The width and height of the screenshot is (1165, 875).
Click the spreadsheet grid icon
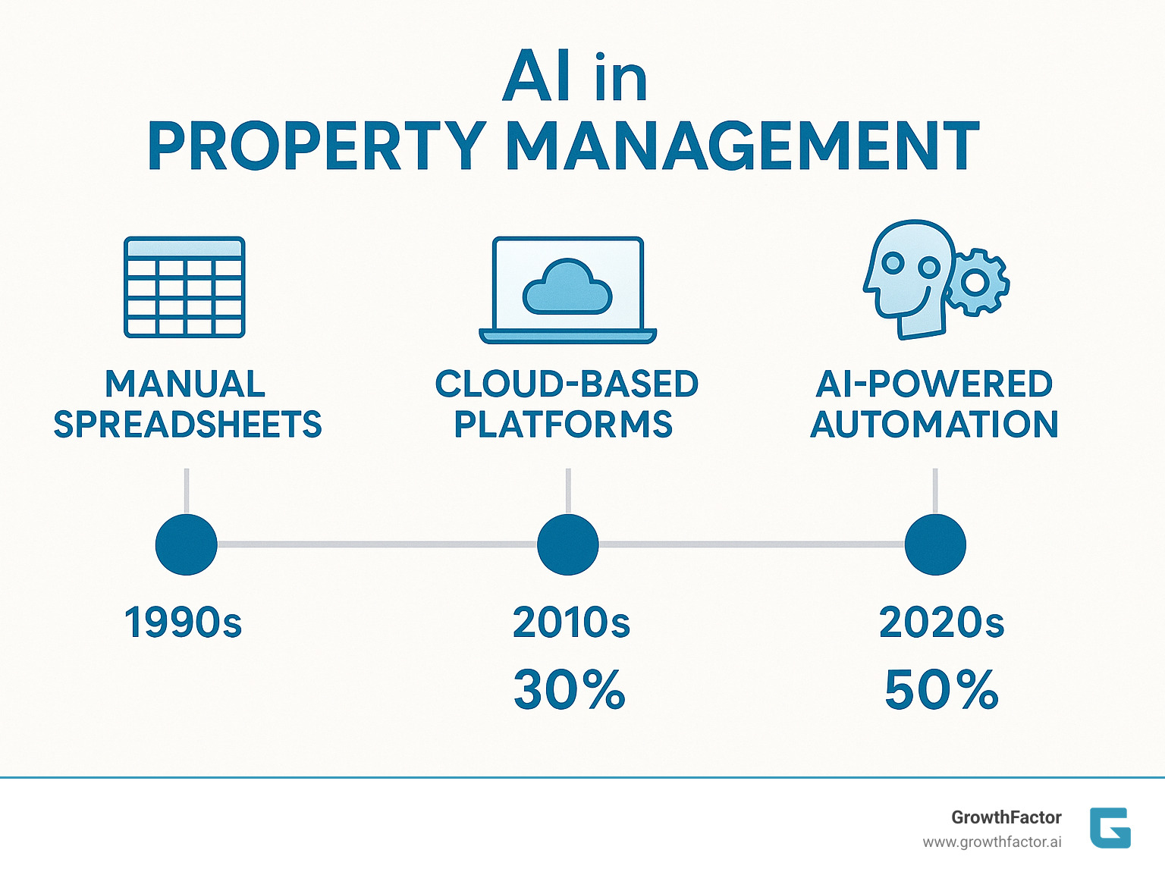(184, 287)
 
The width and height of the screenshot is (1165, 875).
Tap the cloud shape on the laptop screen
(567, 287)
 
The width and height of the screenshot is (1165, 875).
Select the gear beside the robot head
(976, 282)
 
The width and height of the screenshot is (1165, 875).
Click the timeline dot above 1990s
(186, 544)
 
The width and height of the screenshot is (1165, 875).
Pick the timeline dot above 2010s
(567, 544)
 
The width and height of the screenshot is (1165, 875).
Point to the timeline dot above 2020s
(935, 544)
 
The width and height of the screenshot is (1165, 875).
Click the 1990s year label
(183, 623)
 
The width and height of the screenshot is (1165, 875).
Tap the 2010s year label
(571, 623)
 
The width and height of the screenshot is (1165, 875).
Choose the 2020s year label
(941, 623)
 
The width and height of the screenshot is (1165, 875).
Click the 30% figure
(570, 690)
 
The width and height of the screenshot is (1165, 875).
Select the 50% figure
(941, 690)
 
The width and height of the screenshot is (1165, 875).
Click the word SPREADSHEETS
(187, 424)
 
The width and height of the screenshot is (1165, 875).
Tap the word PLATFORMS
(564, 424)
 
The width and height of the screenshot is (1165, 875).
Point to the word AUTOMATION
(934, 424)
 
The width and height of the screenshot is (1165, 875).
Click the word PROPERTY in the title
(317, 146)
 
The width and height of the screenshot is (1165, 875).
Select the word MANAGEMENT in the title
(743, 146)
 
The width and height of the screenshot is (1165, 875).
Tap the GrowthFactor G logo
(1110, 828)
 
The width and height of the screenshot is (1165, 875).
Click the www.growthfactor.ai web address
(992, 842)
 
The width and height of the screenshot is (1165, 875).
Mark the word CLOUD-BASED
(567, 384)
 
